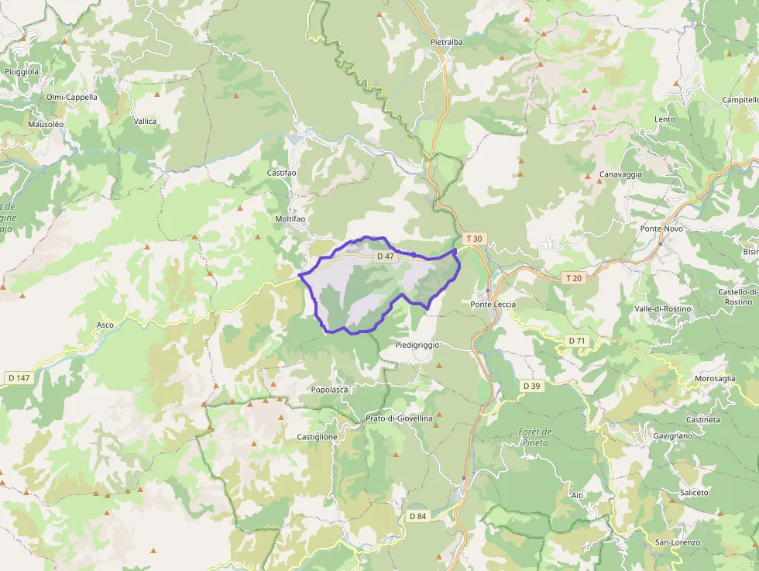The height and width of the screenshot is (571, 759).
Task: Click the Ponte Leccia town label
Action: (493, 304)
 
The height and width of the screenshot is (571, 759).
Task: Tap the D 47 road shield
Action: (385, 256)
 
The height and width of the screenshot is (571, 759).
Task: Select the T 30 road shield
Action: (474, 239)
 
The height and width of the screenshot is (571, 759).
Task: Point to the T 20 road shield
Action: (573, 278)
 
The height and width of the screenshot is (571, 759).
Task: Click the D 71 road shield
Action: (576, 341)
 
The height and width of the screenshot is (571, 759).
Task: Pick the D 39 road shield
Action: (531, 386)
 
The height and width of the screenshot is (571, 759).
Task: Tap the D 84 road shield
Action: (417, 516)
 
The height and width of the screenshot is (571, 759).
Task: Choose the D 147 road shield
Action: (19, 378)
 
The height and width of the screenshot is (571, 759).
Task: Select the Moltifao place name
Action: (290, 219)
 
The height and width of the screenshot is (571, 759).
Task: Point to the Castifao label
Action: (281, 173)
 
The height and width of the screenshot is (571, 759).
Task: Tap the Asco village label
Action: (105, 325)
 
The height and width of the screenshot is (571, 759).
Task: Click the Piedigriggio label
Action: (417, 344)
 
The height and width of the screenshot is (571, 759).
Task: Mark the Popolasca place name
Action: (329, 390)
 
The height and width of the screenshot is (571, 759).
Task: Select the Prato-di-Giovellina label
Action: (399, 418)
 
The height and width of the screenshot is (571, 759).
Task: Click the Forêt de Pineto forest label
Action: (535, 437)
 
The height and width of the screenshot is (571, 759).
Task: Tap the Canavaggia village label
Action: (620, 175)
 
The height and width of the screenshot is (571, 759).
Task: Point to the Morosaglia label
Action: (715, 378)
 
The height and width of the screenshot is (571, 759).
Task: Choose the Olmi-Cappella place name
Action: (72, 98)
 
